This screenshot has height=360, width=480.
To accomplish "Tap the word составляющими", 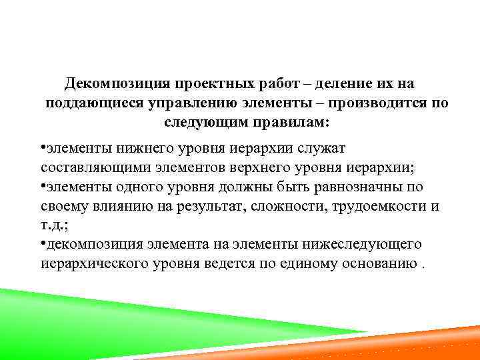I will pos(84,166).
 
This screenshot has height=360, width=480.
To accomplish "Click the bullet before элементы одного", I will pos(43,186).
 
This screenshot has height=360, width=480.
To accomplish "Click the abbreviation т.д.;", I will pos(54,225).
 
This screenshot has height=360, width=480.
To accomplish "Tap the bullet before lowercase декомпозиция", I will pos(43,243).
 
